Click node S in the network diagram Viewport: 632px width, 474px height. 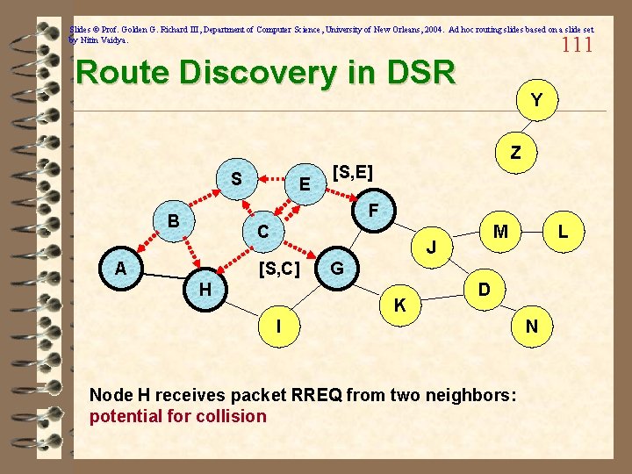(x=236, y=179)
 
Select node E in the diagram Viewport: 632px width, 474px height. (x=304, y=184)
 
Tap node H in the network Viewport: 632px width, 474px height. (x=205, y=289)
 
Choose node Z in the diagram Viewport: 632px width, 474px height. (x=516, y=153)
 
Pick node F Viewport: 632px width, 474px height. (x=373, y=210)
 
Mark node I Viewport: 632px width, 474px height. (x=278, y=327)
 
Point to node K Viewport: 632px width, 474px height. (x=399, y=305)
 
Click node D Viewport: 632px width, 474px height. (x=485, y=289)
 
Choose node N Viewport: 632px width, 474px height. (x=532, y=327)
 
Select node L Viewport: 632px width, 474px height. (x=567, y=232)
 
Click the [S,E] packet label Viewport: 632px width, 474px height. (x=353, y=172)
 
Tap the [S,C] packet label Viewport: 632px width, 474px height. (x=281, y=267)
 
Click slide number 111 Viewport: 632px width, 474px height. (x=578, y=45)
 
